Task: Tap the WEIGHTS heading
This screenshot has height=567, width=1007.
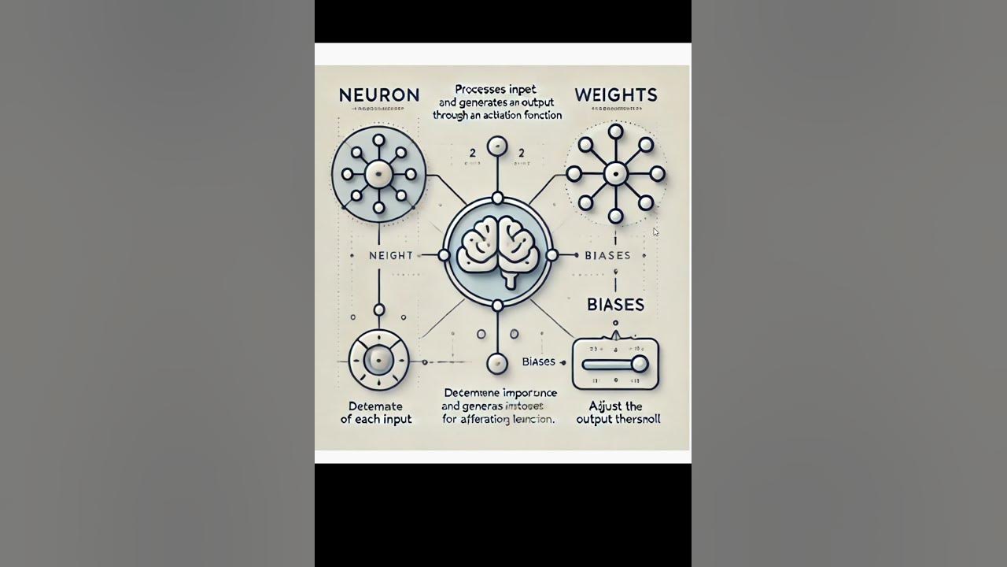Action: pos(616,94)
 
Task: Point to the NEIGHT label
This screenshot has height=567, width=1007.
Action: pos(391,255)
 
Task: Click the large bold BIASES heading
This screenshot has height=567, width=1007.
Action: pos(616,305)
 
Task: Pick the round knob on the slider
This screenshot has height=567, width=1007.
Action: pos(640,363)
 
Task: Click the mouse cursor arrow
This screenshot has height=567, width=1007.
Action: pos(655,232)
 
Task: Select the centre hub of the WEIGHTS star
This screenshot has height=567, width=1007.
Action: pos(615,174)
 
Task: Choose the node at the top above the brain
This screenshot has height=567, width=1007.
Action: pos(497,146)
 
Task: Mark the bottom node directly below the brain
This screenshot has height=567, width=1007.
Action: pos(497,363)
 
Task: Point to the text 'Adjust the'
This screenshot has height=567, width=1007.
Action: pos(616,406)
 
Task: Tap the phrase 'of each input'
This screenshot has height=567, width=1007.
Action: pos(376,419)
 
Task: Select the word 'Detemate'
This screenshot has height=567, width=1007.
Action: pos(376,406)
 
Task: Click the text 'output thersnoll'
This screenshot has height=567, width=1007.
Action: pos(618,419)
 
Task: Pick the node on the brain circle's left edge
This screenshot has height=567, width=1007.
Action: pos(444,255)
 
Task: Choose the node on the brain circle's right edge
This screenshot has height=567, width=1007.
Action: pos(551,255)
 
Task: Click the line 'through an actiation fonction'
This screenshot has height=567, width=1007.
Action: pos(497,115)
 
